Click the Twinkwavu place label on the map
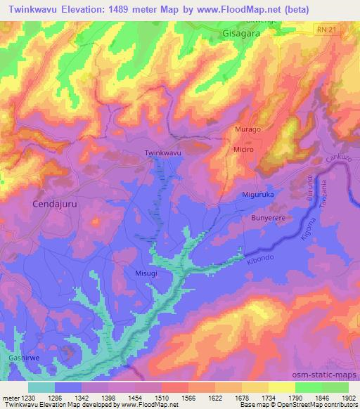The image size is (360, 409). [x=162, y=152]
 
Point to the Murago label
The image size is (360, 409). [x=247, y=130]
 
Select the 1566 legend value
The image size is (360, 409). [x=188, y=399]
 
